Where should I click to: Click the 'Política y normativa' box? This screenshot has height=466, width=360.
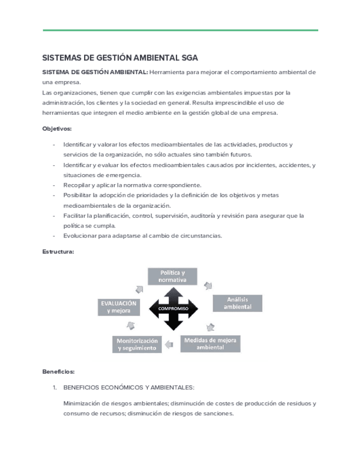[173, 276]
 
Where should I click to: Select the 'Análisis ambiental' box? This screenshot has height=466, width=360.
[237, 303]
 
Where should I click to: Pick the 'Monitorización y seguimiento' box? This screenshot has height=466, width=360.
[137, 344]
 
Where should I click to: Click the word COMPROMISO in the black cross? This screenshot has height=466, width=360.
[173, 309]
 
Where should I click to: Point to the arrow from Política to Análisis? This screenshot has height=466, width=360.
[208, 285]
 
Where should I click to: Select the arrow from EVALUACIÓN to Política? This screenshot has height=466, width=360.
[139, 289]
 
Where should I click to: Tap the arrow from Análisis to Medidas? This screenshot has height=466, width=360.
[210, 326]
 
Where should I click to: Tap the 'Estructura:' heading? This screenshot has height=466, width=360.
[58, 252]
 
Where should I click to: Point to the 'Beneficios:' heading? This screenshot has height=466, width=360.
[58, 371]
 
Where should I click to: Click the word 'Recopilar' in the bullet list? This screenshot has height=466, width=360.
[76, 185]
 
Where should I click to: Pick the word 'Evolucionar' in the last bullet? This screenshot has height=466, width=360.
[80, 236]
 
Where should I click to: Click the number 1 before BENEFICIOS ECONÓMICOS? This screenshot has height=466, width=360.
[54, 387]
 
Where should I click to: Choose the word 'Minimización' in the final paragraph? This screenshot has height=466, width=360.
[83, 403]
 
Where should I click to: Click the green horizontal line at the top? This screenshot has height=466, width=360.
[180, 30]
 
